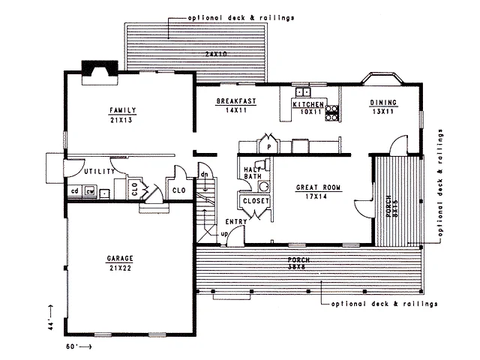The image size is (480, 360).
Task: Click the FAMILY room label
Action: coord(123,110)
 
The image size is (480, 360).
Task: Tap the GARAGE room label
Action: coord(120,258)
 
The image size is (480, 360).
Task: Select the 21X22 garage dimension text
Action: coord(120,268)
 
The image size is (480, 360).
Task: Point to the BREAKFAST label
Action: coord(236,101)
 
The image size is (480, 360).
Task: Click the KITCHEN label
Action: coord(308,104)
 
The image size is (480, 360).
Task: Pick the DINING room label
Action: coord(383,103)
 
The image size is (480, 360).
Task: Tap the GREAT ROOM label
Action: coord(318,187)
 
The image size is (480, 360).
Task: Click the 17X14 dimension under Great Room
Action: coord(316,196)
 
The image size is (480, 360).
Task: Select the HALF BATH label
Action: coord(253,173)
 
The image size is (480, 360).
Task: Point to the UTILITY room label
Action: coord(99,172)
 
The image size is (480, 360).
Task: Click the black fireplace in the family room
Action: coord(100,68)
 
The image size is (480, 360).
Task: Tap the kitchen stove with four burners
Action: coord(331,113)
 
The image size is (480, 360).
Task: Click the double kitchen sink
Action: coord(303,91)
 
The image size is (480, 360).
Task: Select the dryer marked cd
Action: coord(75,191)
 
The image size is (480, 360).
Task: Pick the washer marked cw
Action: coord(90,191)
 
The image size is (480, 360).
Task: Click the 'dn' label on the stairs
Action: coord(204,175)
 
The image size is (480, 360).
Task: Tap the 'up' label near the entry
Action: coord(224,234)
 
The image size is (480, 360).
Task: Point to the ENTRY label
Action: coord(236,221)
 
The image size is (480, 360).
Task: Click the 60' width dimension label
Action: coord(72,346)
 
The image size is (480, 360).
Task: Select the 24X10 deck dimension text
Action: coord(216,54)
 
